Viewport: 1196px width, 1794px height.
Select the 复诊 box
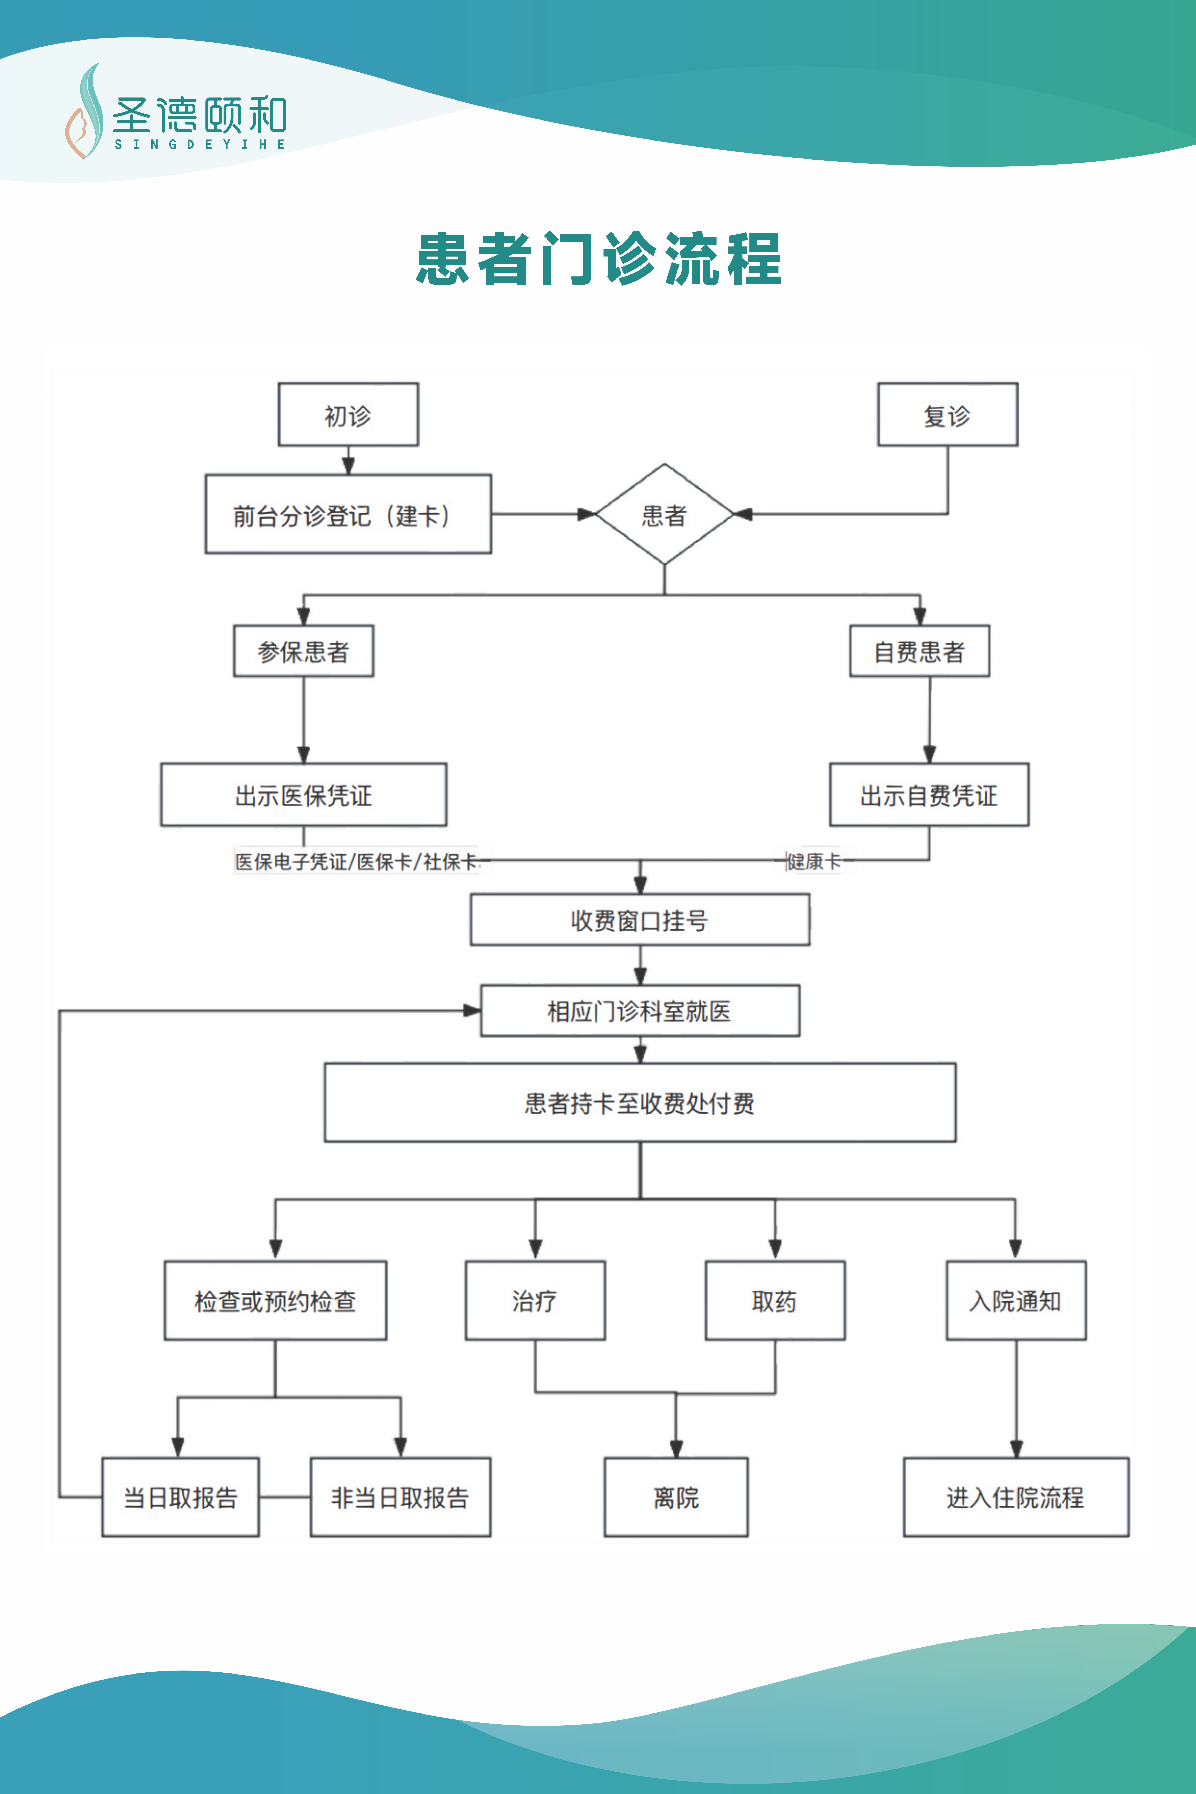tap(947, 414)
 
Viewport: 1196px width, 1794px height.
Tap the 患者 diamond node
tap(664, 514)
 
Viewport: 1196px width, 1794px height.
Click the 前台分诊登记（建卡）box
tap(348, 514)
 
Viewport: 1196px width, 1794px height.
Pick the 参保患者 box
tap(304, 651)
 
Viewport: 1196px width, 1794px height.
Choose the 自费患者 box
tap(920, 651)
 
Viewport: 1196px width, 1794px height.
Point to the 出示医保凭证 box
tap(304, 794)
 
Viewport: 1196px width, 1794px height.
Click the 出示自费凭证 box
tap(929, 794)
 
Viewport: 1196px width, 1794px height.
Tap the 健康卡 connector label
tap(814, 861)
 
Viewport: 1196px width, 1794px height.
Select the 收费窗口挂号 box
tap(640, 920)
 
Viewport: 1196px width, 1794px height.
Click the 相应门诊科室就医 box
tap(640, 1011)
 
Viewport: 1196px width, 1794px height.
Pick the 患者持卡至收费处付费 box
tap(640, 1102)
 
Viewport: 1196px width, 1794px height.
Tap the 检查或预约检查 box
tap(275, 1300)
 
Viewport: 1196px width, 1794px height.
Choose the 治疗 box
tap(535, 1300)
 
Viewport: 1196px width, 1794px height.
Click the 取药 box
tap(775, 1300)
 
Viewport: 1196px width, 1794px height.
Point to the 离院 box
tap(676, 1497)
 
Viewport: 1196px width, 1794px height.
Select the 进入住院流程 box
tap(1016, 1497)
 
